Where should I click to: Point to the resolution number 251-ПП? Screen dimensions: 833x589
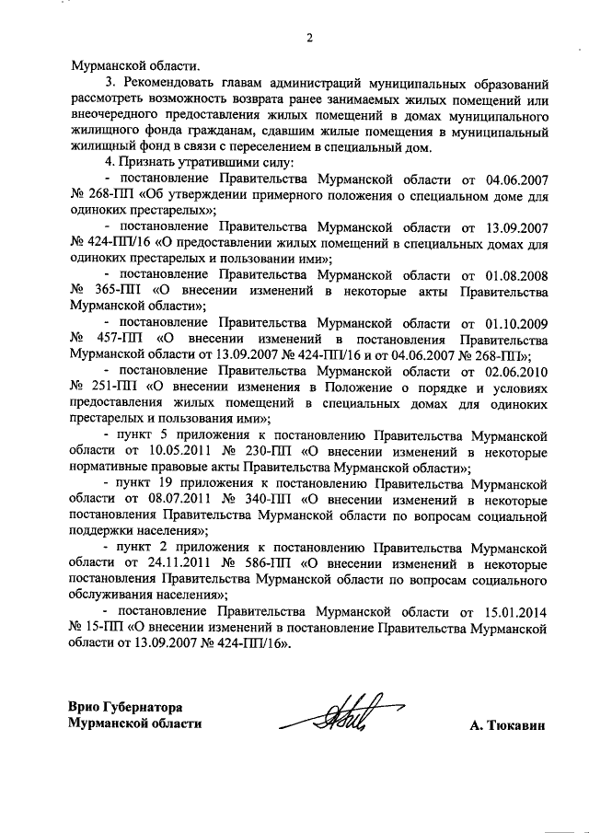point(116,388)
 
